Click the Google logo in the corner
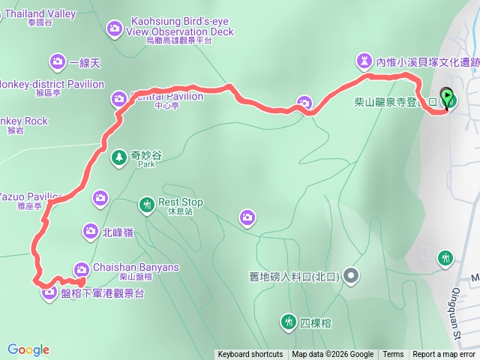[x=28, y=349]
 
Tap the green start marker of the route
[x=448, y=98]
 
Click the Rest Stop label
[x=181, y=202]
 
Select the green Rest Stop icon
[x=146, y=204]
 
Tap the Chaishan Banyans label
[x=136, y=268]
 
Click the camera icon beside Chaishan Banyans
[x=81, y=268]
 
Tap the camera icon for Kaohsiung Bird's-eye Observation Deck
[x=114, y=28]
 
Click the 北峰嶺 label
[x=118, y=232]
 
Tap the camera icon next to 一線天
[x=58, y=61]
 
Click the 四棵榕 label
[x=316, y=323]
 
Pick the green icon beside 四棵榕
[x=288, y=322]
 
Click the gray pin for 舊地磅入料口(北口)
[x=352, y=276]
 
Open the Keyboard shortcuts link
[x=250, y=355]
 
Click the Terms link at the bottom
[x=393, y=355]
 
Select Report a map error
[x=443, y=355]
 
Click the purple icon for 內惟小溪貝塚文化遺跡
[x=364, y=59]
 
